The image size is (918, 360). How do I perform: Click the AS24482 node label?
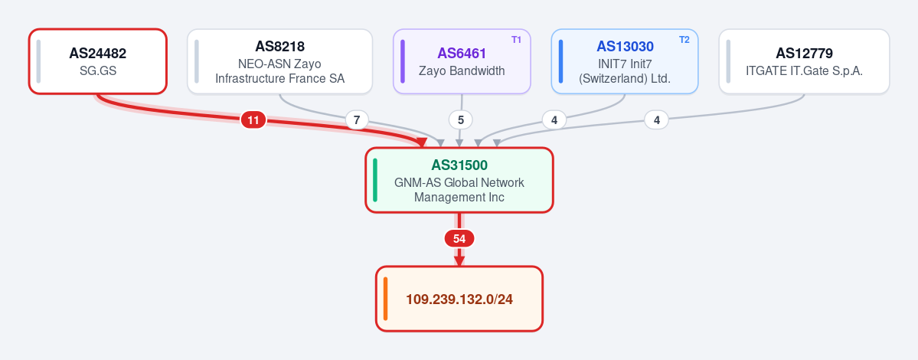(98, 54)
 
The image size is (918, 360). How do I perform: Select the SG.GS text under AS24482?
(98, 70)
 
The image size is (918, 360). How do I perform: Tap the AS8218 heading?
(280, 46)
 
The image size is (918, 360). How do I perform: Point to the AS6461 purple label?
(462, 54)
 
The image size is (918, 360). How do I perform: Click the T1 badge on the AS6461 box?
(516, 40)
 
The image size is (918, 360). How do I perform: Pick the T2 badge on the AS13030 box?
(684, 40)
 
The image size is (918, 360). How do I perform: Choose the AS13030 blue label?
(626, 46)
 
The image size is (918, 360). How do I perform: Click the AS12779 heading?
(805, 54)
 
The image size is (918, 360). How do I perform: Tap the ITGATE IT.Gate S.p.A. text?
(805, 70)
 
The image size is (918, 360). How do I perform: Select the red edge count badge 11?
(253, 120)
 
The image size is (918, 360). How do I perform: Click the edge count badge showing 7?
(357, 120)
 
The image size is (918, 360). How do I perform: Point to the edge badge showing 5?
(461, 120)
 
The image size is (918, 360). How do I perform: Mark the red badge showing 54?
(459, 239)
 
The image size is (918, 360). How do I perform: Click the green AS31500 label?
(459, 165)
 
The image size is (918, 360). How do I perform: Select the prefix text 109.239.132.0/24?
(459, 299)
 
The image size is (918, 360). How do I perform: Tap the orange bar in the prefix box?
(386, 299)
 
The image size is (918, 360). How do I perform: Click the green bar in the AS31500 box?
(375, 180)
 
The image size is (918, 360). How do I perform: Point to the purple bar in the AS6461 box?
(403, 61)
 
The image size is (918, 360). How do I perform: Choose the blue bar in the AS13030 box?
(561, 61)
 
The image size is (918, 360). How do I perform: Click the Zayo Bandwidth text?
(462, 70)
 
